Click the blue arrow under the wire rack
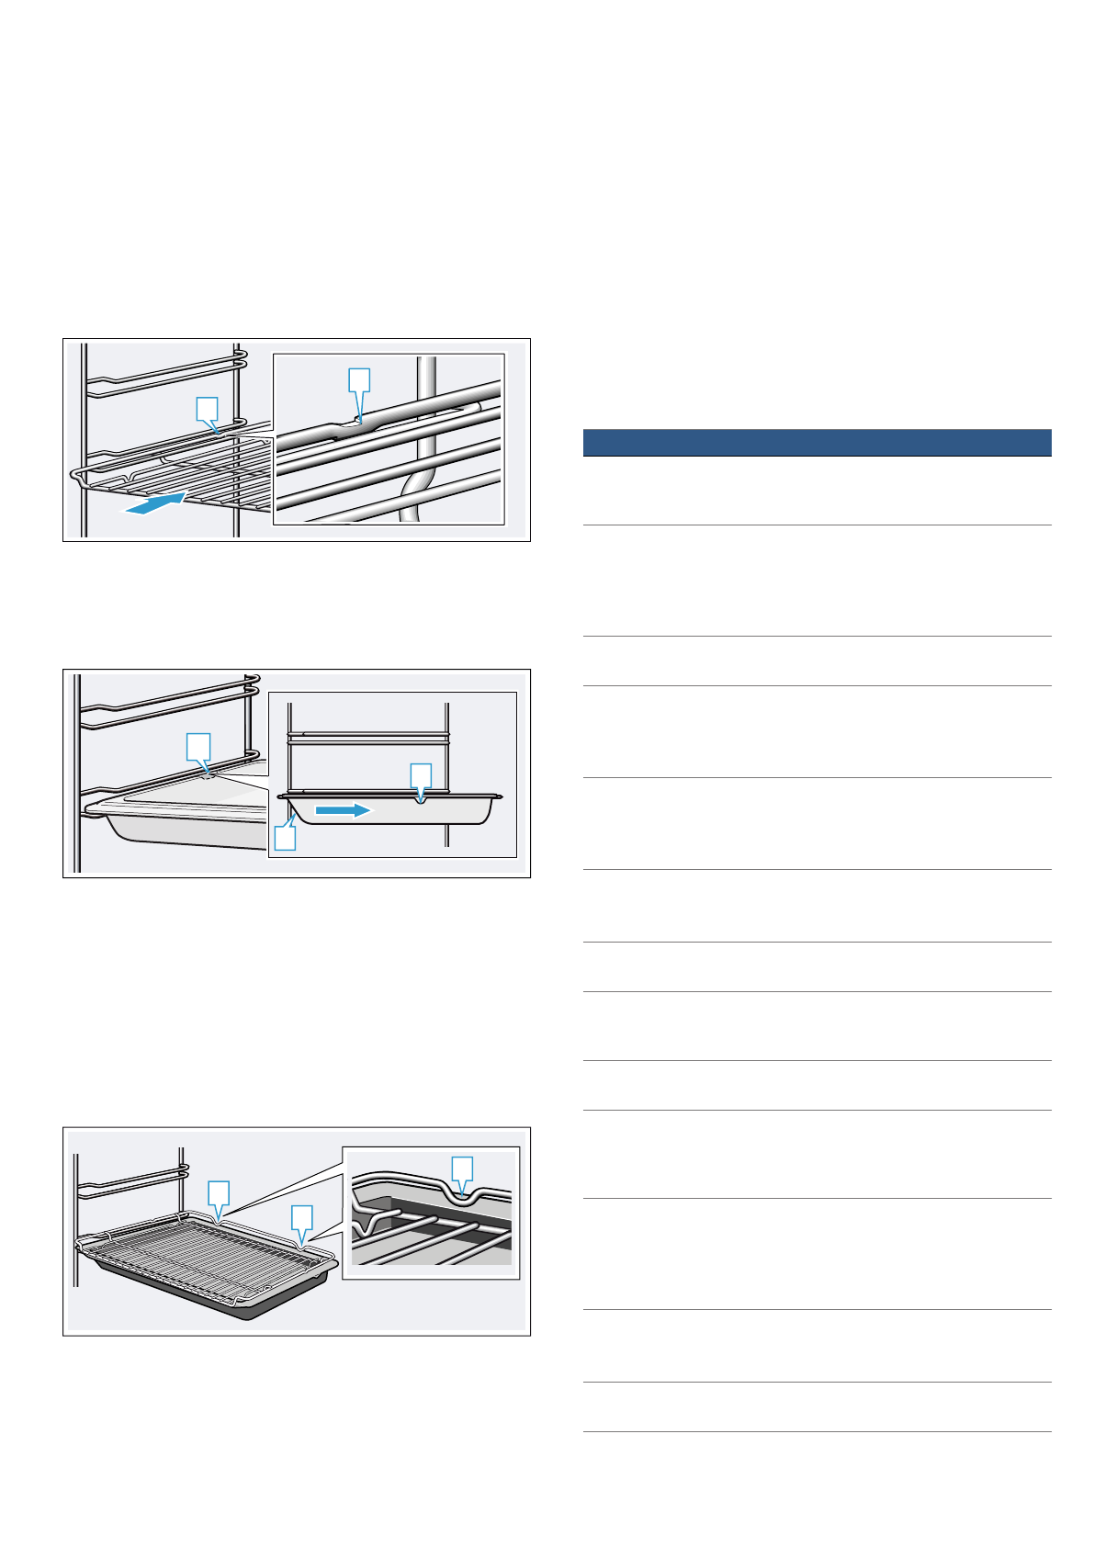156,502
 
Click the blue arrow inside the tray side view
342,810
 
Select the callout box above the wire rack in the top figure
208,409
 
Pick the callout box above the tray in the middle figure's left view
197,745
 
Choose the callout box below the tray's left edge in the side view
286,838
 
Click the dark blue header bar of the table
817,442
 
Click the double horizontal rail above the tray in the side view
367,737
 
